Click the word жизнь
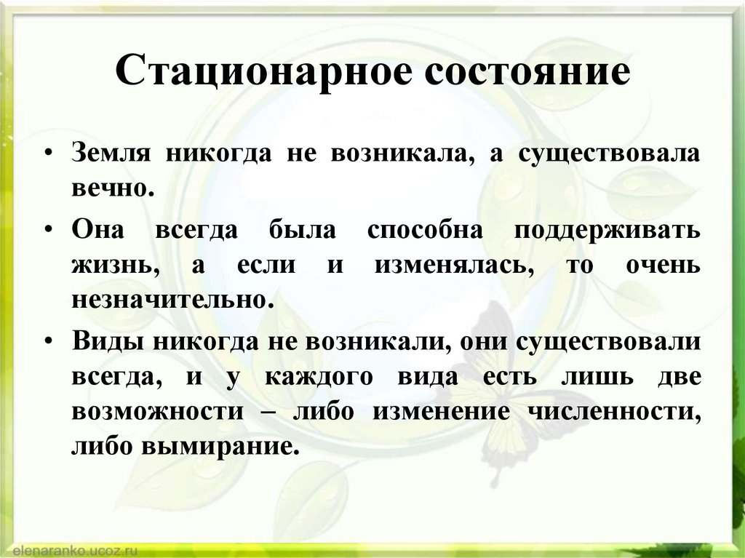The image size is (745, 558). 116,264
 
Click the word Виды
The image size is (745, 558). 102,342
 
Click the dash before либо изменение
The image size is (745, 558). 268,411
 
